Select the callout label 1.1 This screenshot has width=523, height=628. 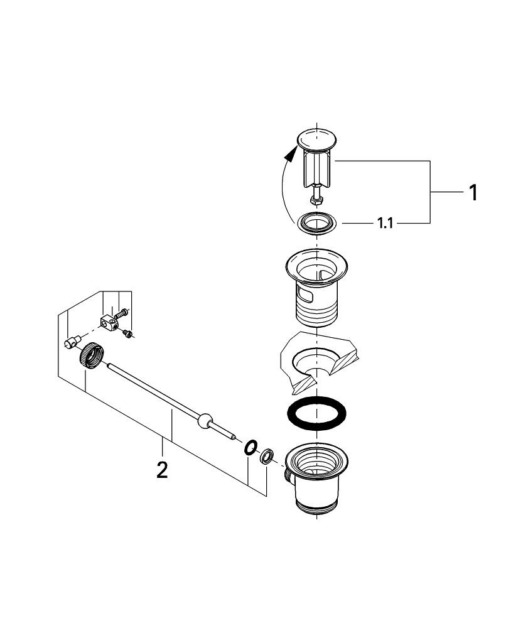tap(385, 224)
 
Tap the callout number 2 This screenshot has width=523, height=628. tap(162, 470)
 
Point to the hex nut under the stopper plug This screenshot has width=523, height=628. tap(317, 200)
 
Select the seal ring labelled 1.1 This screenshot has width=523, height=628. tap(317, 223)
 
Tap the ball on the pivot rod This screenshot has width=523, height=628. tap(204, 421)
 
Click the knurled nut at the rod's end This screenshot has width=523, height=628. tap(90, 354)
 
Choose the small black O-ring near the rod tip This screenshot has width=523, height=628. tap(251, 447)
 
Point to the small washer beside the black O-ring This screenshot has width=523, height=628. tap(266, 455)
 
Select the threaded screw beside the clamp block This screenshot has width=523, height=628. tap(121, 311)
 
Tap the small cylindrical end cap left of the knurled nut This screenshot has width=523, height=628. tap(70, 343)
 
